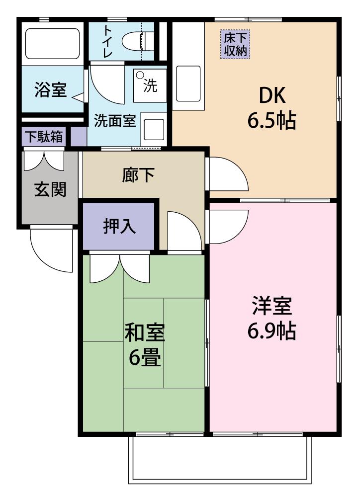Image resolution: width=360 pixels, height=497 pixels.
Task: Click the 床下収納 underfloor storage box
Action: coord(235,44)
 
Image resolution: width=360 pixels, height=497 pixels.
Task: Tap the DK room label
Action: coord(272,95)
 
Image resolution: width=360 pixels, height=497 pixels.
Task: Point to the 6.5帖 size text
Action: coord(271,120)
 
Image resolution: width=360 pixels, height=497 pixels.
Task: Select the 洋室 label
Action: coord(272,306)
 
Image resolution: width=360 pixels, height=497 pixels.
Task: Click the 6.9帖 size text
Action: coord(271,331)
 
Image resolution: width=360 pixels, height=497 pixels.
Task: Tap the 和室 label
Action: coord(145,332)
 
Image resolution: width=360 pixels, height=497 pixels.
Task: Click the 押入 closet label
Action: coord(119,226)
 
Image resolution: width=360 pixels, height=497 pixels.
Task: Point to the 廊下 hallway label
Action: coord(139,174)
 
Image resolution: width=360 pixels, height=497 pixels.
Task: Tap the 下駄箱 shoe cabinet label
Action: coord(44,137)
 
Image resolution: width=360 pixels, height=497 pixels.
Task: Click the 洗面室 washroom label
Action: coord(115,120)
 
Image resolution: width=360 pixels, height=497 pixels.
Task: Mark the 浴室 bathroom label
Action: coord(50,89)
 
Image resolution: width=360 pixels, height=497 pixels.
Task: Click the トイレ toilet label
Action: coord(107,42)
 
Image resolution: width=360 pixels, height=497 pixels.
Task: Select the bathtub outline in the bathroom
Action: coord(52,44)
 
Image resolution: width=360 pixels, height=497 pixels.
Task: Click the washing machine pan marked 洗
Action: coord(150,85)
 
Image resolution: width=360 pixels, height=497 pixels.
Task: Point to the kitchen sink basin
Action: coord(188,83)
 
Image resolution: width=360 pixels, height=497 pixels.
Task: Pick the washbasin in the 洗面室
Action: coord(154,129)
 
